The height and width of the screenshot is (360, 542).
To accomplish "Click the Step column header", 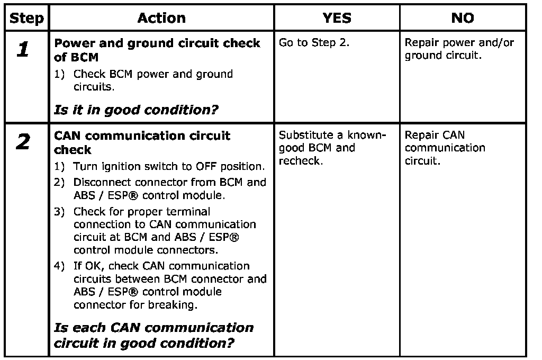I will [x=27, y=19].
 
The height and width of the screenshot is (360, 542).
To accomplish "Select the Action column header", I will [x=161, y=19].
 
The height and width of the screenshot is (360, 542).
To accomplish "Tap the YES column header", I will [x=337, y=19].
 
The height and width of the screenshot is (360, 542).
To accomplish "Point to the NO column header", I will [x=463, y=19].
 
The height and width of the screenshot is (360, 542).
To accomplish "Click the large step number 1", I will [x=23, y=50].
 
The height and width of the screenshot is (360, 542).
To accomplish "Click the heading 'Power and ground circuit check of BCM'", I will [x=157, y=50].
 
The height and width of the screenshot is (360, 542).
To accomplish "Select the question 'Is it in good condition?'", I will [x=137, y=110].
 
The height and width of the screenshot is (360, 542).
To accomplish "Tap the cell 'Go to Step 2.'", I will [x=314, y=43].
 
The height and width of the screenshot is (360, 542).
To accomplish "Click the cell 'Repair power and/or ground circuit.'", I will [x=459, y=49].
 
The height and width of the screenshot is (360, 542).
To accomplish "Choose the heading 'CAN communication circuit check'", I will [x=142, y=142].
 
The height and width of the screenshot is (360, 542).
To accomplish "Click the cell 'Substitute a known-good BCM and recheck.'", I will [x=332, y=148].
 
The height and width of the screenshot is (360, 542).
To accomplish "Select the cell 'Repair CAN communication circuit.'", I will [x=445, y=148].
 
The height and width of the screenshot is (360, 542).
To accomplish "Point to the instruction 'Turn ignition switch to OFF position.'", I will [x=168, y=167].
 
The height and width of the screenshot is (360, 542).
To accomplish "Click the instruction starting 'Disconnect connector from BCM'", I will [x=169, y=189].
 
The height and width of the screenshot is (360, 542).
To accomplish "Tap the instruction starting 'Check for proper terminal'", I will [x=164, y=230].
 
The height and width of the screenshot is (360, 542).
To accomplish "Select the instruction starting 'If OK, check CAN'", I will [x=169, y=285].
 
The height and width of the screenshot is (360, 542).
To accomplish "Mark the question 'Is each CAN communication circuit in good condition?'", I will [x=153, y=335].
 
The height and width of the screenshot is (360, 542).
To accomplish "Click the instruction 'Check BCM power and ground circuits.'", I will [x=152, y=80].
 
